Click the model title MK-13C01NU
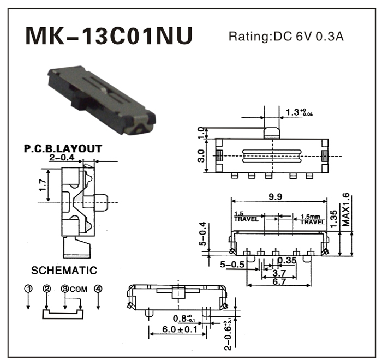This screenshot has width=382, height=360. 109,37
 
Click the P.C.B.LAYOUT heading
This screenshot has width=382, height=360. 63,148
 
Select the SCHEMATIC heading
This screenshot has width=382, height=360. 64,271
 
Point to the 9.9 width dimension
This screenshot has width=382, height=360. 275,198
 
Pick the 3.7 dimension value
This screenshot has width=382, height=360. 279,272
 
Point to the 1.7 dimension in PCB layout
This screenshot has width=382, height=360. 42,185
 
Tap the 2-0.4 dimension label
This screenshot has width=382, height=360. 61,158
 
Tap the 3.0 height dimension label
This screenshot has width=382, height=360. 201,156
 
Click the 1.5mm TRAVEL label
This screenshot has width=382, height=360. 313,219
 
